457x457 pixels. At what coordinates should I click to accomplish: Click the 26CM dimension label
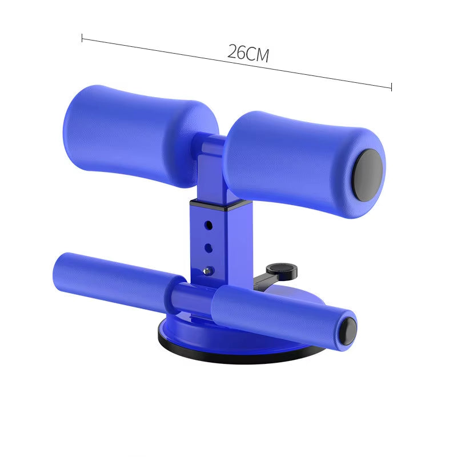(247, 53)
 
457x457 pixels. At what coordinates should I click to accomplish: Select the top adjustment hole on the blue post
(209, 225)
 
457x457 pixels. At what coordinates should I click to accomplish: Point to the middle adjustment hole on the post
(209, 247)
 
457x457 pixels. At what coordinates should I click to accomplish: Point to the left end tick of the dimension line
(82, 39)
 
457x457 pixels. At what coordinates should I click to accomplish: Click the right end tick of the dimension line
(391, 87)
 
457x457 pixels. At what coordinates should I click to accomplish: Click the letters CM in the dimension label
(258, 54)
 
